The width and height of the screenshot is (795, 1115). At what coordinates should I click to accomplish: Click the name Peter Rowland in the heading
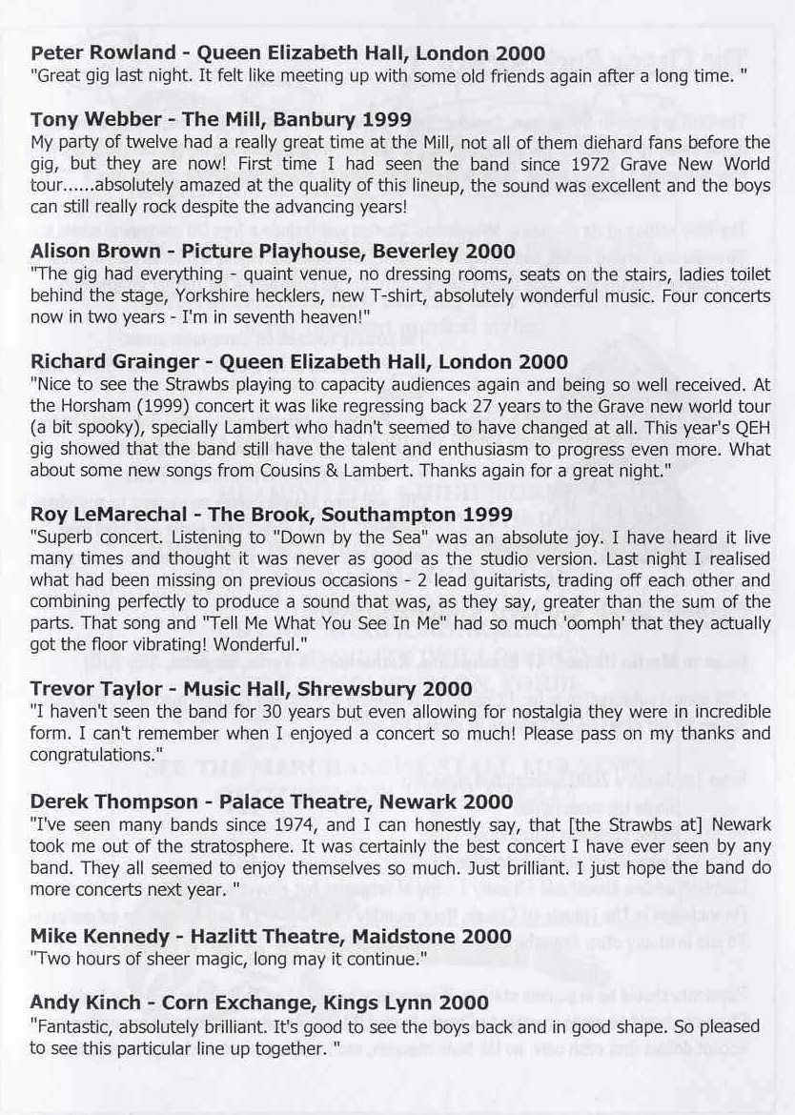[90, 53]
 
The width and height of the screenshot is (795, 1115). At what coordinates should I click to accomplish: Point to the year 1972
[581, 164]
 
